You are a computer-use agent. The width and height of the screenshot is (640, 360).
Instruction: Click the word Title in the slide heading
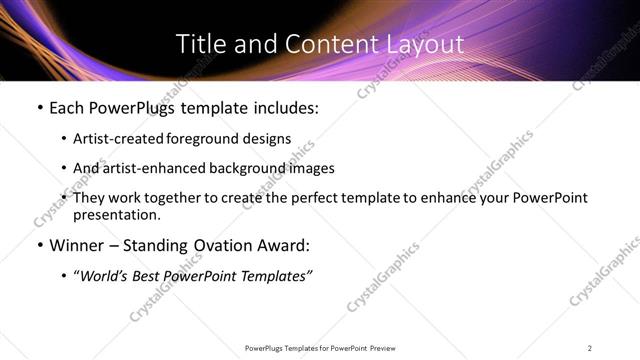pyautogui.click(x=198, y=44)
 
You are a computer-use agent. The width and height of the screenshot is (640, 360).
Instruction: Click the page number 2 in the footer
pyautogui.click(x=590, y=347)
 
